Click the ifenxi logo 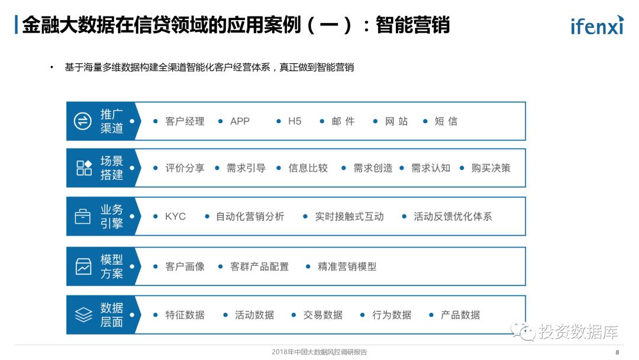[x=596, y=25]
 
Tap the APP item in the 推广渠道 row [x=240, y=121]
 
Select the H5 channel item [x=295, y=121]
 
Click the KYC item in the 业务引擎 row [x=175, y=217]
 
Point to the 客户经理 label [x=185, y=121]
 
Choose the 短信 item [x=446, y=121]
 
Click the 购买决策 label [x=490, y=168]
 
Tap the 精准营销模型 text [x=347, y=266]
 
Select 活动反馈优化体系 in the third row [x=453, y=217]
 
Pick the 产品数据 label [x=460, y=315]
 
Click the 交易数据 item [x=322, y=315]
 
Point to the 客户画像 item [x=185, y=266]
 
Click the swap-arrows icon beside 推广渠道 [x=83, y=121]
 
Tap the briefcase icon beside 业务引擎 [x=83, y=217]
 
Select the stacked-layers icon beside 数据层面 [x=83, y=315]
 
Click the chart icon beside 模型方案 [x=83, y=266]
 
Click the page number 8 [x=617, y=352]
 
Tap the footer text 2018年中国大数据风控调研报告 [x=319, y=352]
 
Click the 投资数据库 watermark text [x=578, y=332]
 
